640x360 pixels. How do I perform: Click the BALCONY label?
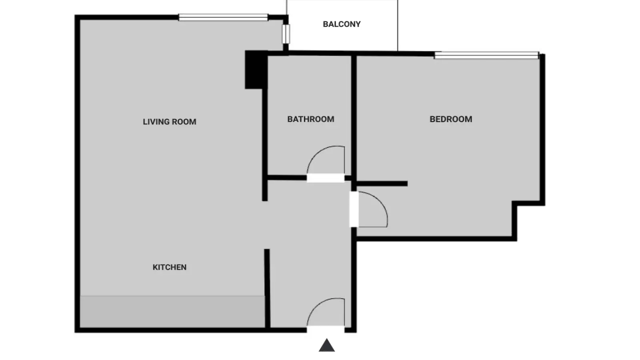point(342,24)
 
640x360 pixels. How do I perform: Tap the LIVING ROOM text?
point(170,122)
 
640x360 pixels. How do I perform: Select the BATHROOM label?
point(310,119)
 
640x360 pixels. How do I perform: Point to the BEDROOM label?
point(451,119)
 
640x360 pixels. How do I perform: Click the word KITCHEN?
point(170,267)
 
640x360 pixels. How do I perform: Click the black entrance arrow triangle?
point(326,345)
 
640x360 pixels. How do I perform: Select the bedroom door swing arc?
point(380,202)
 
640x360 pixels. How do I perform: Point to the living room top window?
point(223,18)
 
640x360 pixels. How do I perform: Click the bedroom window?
point(486,55)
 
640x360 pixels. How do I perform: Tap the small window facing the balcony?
point(286,34)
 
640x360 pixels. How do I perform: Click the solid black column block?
point(256,70)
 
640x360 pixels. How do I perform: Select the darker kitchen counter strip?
point(172,312)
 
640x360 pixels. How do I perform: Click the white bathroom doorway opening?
point(326,178)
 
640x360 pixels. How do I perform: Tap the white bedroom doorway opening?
point(354,210)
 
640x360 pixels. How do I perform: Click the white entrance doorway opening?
point(326,330)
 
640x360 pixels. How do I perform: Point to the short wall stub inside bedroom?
point(382,184)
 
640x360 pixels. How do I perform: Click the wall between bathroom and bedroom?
point(354,122)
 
